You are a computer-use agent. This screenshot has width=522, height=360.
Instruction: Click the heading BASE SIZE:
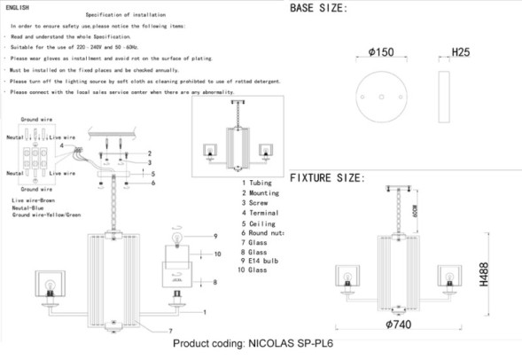pos(318,8)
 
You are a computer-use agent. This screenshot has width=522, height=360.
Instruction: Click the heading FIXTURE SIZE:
pos(327,178)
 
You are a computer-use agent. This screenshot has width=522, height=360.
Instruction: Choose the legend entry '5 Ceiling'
pos(258,225)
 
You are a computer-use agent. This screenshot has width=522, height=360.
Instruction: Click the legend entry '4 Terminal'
pos(260,214)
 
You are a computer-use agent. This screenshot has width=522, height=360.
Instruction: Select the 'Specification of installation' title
pos(122,16)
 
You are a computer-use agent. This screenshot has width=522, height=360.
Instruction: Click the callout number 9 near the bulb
pos(214,236)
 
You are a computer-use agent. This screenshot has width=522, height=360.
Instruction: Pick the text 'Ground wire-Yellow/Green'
pos(47,215)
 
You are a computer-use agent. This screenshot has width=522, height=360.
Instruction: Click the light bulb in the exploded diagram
pos(176,238)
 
